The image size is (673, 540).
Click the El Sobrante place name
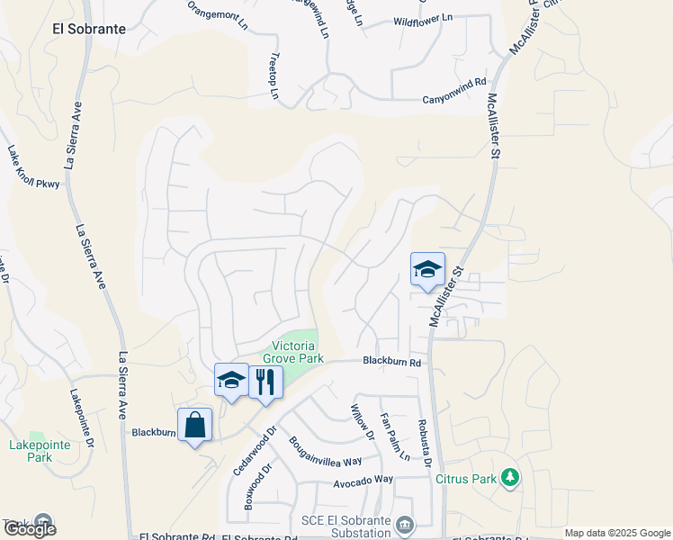88,28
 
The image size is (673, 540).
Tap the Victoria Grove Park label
298,351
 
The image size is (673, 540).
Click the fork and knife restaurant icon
265,382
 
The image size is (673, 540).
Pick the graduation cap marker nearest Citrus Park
428,268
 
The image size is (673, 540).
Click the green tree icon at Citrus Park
510,476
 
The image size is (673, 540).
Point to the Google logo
29,529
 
